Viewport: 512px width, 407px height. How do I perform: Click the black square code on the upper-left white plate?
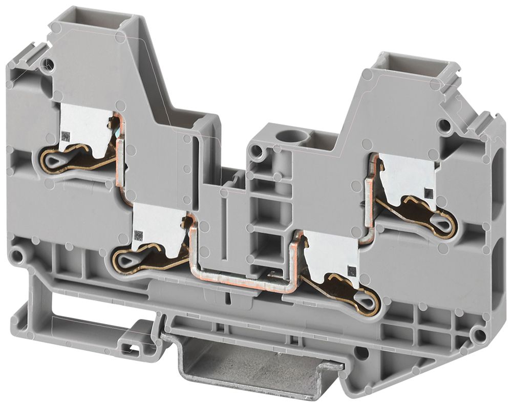click(66, 136)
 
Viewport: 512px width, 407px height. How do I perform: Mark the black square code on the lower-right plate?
click(350, 269)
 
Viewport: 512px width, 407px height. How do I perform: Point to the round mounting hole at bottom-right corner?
click(479, 335)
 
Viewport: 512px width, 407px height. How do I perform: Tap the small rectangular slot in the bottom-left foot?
click(133, 349)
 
